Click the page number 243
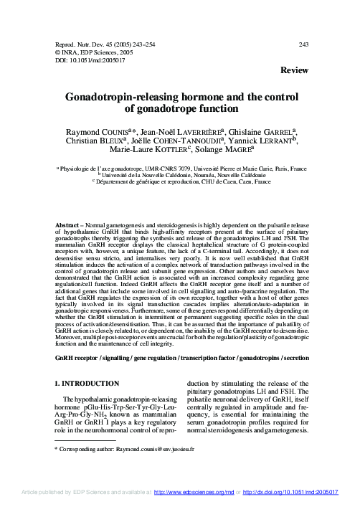coord(303,44)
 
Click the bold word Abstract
coord(71,225)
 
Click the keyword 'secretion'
coord(290,357)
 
